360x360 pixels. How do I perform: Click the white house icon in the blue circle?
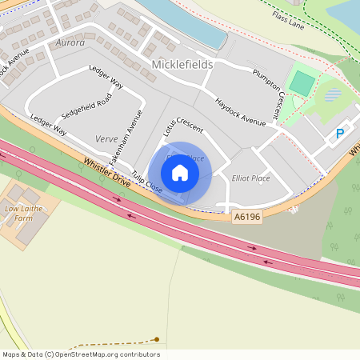point(180,172)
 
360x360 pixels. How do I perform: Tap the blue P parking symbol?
point(340,134)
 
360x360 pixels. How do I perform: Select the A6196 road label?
point(247,217)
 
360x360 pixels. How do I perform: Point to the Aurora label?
point(70,42)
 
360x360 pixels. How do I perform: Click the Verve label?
point(106,138)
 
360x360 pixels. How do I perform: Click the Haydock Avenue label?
point(240,112)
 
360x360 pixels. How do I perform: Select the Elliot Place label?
point(250,178)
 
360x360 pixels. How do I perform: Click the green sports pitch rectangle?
point(302,82)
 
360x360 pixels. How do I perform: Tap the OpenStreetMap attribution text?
point(81,354)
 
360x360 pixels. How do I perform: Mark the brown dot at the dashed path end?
point(157,339)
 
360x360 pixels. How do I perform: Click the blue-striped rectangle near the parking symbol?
point(332,95)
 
